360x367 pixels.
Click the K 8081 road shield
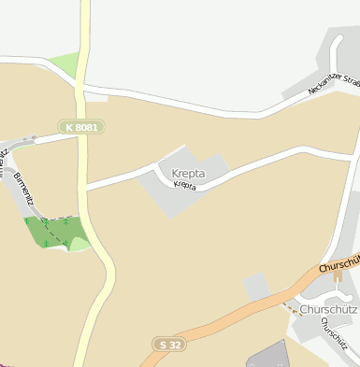click(x=81, y=126)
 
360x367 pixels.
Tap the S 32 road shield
click(x=168, y=345)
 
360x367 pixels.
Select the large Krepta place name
click(x=188, y=173)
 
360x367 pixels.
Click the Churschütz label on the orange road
click(x=338, y=265)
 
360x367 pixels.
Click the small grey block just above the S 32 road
click(x=255, y=286)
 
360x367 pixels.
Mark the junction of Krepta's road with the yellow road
click(x=88, y=188)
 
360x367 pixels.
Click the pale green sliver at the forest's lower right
click(x=79, y=245)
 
